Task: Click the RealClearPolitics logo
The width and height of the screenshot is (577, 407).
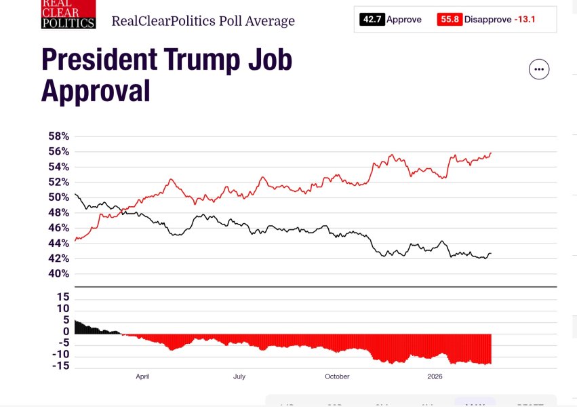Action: pos(68,14)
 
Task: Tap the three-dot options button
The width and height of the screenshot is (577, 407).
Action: pos(539,69)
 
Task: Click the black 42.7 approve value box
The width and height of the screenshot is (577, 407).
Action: pos(372,20)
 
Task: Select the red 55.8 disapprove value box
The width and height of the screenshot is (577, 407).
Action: pos(450,20)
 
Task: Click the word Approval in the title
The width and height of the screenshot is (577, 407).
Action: pos(96,90)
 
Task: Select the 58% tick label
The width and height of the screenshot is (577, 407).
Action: pos(58,136)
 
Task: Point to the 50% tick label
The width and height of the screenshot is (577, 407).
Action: pos(58,197)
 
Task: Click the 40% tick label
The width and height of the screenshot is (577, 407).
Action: pos(58,274)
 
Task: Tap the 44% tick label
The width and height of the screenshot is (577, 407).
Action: pos(58,244)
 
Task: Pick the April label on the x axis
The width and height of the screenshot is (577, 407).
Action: pos(142,376)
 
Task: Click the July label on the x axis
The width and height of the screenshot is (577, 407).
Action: pos(239,376)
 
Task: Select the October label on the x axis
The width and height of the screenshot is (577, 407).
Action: pos(337,376)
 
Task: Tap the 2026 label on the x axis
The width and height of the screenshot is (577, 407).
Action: pos(435,376)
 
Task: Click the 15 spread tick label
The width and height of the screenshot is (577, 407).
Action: pos(63,297)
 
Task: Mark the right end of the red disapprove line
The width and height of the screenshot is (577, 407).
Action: pos(491,153)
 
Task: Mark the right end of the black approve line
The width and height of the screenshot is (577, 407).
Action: pos(491,254)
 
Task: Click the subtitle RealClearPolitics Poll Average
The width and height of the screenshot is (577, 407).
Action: pos(203,21)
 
